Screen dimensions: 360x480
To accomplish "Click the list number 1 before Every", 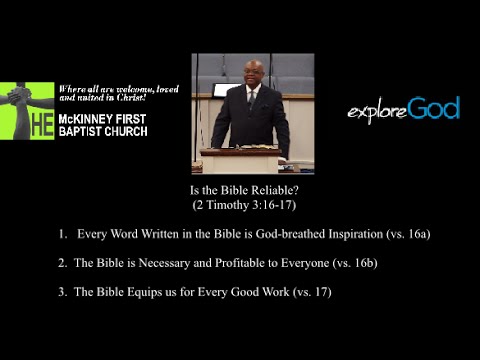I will (62, 234).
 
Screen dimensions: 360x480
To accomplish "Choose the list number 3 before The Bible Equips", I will (62, 292).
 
